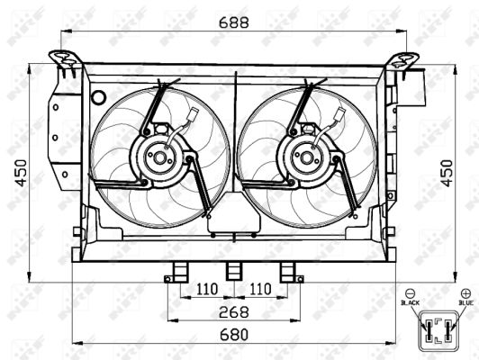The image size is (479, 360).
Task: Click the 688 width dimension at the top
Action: click(x=234, y=22)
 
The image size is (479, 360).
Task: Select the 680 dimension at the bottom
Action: click(x=234, y=335)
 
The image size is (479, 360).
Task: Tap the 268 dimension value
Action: click(x=234, y=311)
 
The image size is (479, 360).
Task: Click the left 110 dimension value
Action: click(x=207, y=289)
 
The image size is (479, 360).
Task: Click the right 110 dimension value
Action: click(x=260, y=289)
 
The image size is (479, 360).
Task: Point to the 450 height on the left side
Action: click(x=22, y=173)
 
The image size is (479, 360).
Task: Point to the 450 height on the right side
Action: click(x=447, y=173)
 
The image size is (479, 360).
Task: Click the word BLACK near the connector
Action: click(x=410, y=302)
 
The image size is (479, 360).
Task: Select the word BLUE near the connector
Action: click(x=465, y=302)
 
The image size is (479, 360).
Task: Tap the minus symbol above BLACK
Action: click(x=410, y=293)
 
